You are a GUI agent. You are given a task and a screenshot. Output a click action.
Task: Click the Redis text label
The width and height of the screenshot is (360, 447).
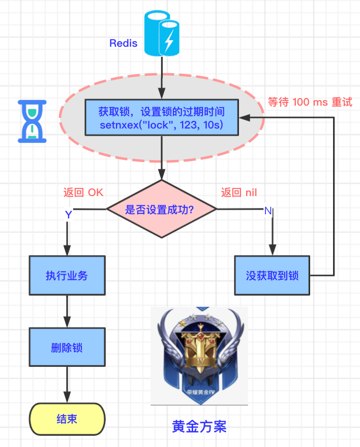(x=124, y=43)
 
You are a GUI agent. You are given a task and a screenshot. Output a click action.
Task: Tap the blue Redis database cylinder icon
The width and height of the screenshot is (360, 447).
(x=161, y=35)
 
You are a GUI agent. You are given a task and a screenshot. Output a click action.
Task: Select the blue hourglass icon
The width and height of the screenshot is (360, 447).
(x=33, y=121)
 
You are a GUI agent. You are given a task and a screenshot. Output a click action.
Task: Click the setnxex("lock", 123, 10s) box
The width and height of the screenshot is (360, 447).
(x=161, y=117)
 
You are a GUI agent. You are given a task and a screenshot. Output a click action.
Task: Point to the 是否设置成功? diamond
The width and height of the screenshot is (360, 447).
(x=161, y=209)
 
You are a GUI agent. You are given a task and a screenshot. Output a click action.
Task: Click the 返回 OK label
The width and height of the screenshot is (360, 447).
(x=83, y=193)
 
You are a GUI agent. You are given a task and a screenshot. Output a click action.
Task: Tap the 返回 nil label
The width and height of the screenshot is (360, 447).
(x=238, y=193)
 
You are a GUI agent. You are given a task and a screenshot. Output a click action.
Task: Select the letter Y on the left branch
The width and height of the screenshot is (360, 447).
(x=68, y=215)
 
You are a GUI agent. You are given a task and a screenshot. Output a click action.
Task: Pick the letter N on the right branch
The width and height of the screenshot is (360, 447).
(x=268, y=211)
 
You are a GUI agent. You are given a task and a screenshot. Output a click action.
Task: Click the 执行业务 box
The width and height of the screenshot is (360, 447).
(x=67, y=275)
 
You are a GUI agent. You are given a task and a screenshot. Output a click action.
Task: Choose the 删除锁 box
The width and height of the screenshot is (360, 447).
(x=67, y=348)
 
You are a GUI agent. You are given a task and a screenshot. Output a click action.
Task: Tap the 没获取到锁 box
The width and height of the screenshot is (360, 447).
(x=272, y=275)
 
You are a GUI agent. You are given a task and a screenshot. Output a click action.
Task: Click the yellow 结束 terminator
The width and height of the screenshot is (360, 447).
(x=67, y=420)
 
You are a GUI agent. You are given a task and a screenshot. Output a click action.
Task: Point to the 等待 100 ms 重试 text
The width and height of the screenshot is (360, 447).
(x=310, y=102)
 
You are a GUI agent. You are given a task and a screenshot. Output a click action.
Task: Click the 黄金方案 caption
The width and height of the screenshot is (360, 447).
(x=199, y=426)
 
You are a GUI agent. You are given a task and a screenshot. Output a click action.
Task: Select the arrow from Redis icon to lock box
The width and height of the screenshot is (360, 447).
(x=161, y=76)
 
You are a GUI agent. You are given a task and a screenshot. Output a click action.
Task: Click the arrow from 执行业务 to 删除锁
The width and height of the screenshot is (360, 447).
(x=67, y=311)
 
